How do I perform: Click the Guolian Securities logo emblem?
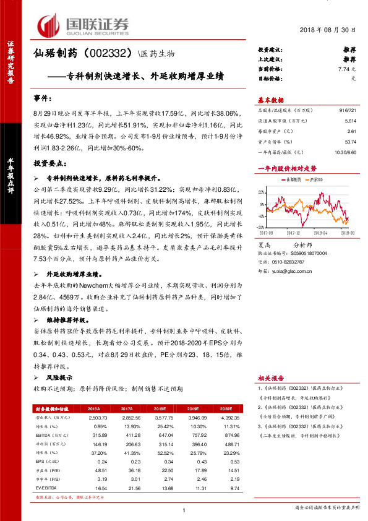click(x=50, y=25)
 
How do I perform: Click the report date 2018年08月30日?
click(x=329, y=30)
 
